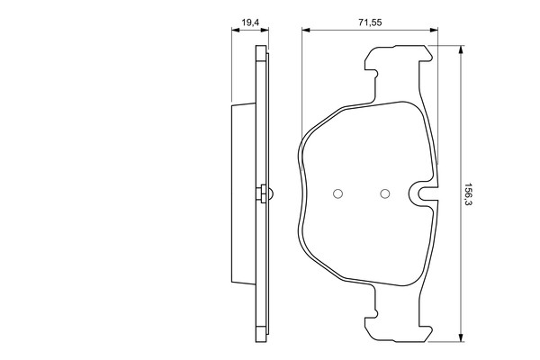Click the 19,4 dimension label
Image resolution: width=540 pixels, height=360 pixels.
click(x=250, y=22)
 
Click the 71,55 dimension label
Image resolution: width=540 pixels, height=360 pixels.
click(x=370, y=22)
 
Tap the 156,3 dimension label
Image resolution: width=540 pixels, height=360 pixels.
click(x=468, y=194)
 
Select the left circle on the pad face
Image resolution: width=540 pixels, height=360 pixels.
click(x=337, y=194)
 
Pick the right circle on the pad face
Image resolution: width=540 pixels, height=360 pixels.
click(x=385, y=194)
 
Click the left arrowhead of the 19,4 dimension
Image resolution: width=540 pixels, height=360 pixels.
click(x=235, y=31)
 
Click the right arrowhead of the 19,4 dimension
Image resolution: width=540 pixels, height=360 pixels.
click(x=265, y=31)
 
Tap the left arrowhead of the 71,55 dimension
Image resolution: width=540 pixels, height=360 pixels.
click(x=306, y=31)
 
